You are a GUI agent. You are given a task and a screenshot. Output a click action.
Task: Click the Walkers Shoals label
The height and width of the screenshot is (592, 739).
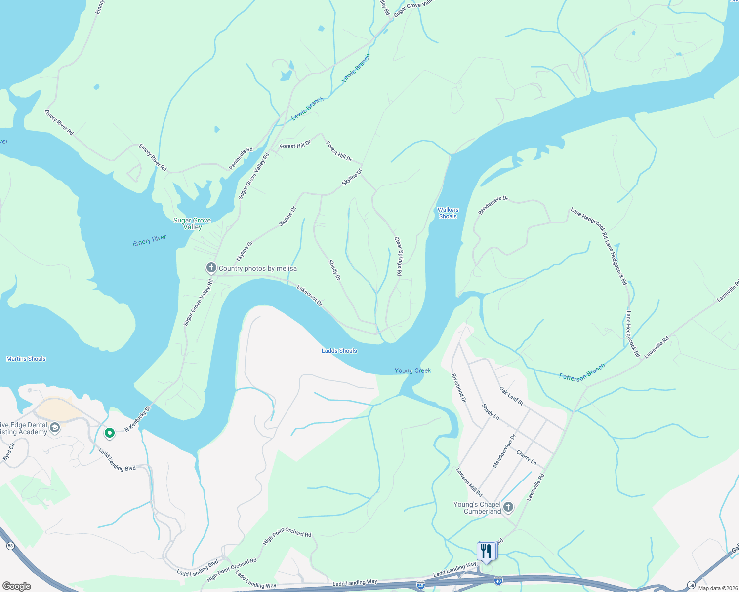[x=448, y=213]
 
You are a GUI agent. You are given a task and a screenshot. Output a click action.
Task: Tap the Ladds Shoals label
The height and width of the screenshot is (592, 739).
[x=339, y=351]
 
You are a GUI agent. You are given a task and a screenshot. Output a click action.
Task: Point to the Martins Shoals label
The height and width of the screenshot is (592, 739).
[x=26, y=359]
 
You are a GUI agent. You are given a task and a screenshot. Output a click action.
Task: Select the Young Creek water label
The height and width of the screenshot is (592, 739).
[x=412, y=370]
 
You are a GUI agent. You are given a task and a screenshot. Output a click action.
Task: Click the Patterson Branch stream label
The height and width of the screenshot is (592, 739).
[x=582, y=371]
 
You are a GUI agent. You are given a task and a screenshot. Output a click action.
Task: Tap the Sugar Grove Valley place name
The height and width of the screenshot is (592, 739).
[x=192, y=223]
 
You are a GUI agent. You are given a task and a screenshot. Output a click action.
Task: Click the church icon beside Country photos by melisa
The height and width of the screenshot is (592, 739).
[x=211, y=268]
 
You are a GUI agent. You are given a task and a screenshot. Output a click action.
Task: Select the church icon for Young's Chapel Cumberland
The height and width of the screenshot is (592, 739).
[x=508, y=507]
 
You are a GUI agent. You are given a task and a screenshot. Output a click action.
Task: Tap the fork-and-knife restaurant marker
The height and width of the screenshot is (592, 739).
[x=486, y=551]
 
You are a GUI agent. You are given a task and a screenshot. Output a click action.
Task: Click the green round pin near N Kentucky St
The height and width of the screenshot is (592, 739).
[x=110, y=433]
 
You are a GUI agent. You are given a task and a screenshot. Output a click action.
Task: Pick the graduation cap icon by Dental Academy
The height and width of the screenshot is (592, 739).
[x=55, y=428]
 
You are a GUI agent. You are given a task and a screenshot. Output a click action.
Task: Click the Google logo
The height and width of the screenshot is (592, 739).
[x=16, y=586]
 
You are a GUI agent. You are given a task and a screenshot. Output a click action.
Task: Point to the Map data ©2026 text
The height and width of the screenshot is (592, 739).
[x=716, y=588]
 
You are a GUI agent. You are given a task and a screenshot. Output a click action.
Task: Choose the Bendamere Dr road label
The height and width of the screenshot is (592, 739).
[x=493, y=205]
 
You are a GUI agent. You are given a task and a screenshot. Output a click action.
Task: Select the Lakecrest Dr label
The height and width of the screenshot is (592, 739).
[x=309, y=295]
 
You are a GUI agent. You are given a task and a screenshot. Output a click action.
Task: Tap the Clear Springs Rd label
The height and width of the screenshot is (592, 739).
[x=398, y=256]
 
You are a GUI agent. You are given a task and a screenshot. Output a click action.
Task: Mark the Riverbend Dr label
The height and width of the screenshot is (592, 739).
[x=458, y=388]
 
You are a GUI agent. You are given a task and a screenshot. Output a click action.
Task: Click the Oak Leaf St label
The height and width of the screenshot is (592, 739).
[x=511, y=396]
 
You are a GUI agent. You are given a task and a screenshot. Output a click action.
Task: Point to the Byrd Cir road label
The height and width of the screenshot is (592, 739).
[x=9, y=452]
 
